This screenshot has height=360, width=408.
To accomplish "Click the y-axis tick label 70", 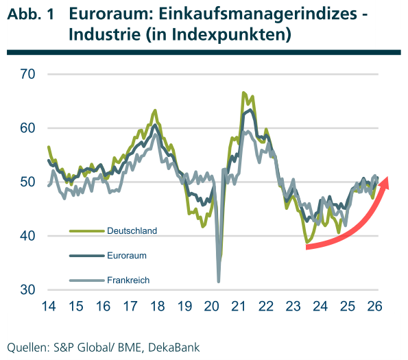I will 27,74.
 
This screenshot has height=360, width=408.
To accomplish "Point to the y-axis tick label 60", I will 27,128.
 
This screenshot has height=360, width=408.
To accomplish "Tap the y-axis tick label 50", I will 27,182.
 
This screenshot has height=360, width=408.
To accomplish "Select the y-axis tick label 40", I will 27,237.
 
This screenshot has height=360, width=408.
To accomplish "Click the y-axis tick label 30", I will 27,290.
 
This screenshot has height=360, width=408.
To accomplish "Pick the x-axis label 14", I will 48,306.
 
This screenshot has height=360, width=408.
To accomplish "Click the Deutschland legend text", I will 132,231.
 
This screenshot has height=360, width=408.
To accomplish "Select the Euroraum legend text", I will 127,255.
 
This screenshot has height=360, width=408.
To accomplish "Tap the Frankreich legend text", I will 128,280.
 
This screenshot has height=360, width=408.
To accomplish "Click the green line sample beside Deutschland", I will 85,231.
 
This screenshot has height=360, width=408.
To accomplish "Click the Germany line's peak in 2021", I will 243,93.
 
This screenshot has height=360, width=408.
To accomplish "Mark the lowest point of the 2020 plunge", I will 219,280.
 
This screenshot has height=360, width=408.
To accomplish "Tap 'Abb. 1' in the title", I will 30,14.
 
